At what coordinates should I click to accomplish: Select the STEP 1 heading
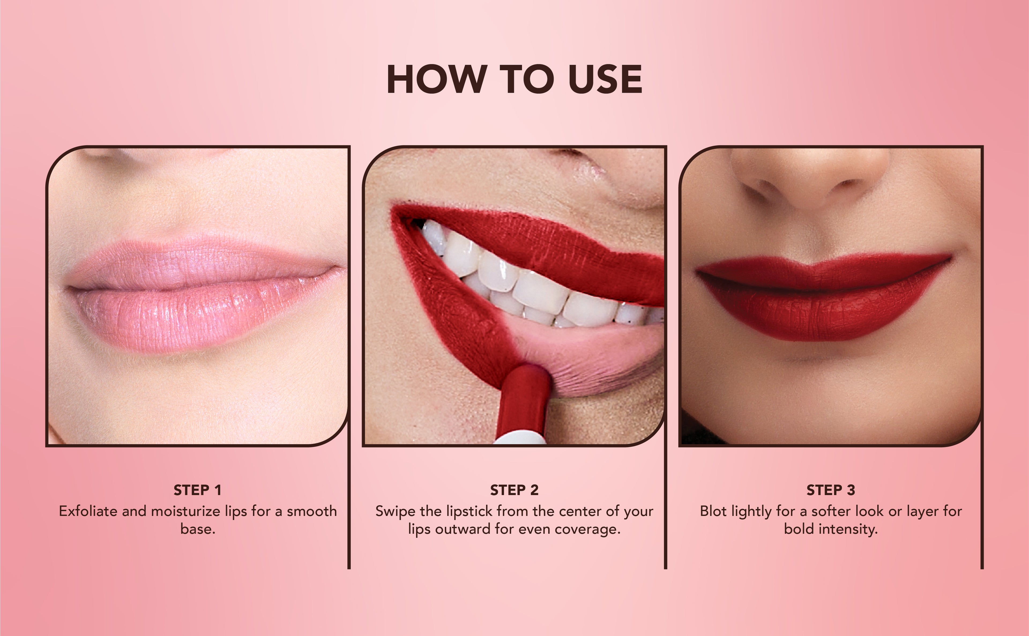pos(197,490)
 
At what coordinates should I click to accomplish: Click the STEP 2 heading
pos(514,490)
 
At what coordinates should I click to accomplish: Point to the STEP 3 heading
pos(831,490)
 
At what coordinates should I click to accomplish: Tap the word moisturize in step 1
pos(185,511)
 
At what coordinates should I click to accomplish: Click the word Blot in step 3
pos(714,511)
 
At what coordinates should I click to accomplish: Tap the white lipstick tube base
pos(520,437)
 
